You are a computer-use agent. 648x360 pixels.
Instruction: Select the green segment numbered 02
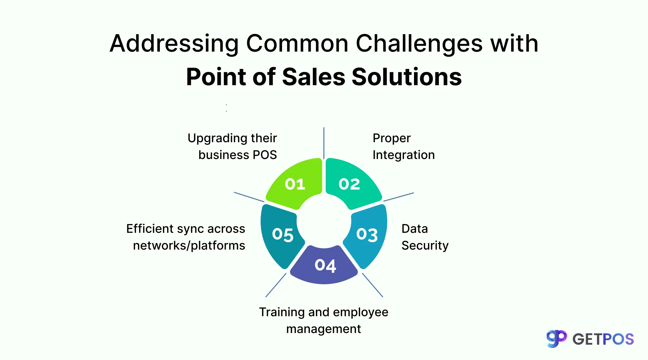click(x=349, y=184)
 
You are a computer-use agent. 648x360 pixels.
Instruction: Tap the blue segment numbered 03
click(x=367, y=235)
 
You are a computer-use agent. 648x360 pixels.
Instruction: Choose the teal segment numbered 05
click(x=282, y=235)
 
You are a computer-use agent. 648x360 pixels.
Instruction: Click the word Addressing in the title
click(x=174, y=44)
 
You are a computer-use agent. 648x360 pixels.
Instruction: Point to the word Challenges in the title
click(x=419, y=44)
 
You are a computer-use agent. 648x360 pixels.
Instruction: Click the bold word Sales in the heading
click(x=314, y=77)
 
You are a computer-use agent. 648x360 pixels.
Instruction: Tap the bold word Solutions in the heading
click(x=406, y=77)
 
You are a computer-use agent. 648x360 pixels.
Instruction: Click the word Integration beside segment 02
click(x=403, y=155)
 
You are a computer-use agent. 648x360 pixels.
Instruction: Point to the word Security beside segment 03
click(x=425, y=246)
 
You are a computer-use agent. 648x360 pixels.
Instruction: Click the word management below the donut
click(x=323, y=329)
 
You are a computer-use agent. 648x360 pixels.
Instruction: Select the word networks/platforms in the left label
click(x=189, y=246)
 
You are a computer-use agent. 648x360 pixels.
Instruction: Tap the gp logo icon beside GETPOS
click(x=556, y=339)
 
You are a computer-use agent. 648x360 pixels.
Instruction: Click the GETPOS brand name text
click(x=603, y=339)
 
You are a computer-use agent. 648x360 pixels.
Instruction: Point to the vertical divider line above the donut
click(x=324, y=143)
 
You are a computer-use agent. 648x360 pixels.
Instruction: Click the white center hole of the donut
click(x=324, y=222)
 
